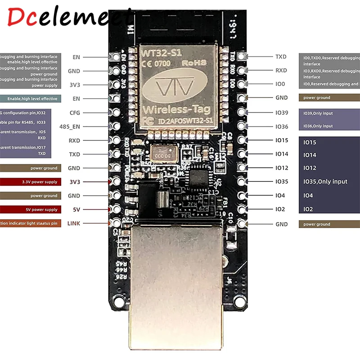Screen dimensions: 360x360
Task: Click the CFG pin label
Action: (x=75, y=113)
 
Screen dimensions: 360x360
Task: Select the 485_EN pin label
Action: (x=70, y=127)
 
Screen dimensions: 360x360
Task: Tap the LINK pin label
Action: (x=73, y=223)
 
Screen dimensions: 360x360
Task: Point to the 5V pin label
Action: (x=76, y=209)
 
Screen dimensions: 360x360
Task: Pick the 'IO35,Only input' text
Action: (x=325, y=181)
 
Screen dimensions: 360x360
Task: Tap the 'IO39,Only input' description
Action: (x=318, y=113)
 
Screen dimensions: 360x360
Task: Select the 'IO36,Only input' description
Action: (x=318, y=126)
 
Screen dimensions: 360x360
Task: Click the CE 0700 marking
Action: (x=157, y=63)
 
